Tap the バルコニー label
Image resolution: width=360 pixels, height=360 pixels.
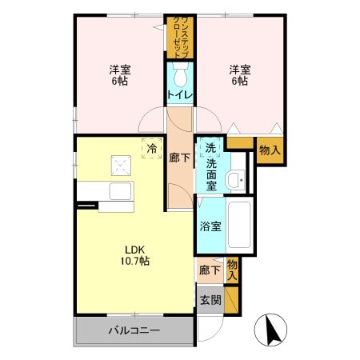point(134,330)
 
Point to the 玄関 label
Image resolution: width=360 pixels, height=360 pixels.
point(210,301)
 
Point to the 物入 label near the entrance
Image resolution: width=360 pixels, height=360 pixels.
point(232,269)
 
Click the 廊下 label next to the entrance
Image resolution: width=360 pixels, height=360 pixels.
point(209,271)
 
